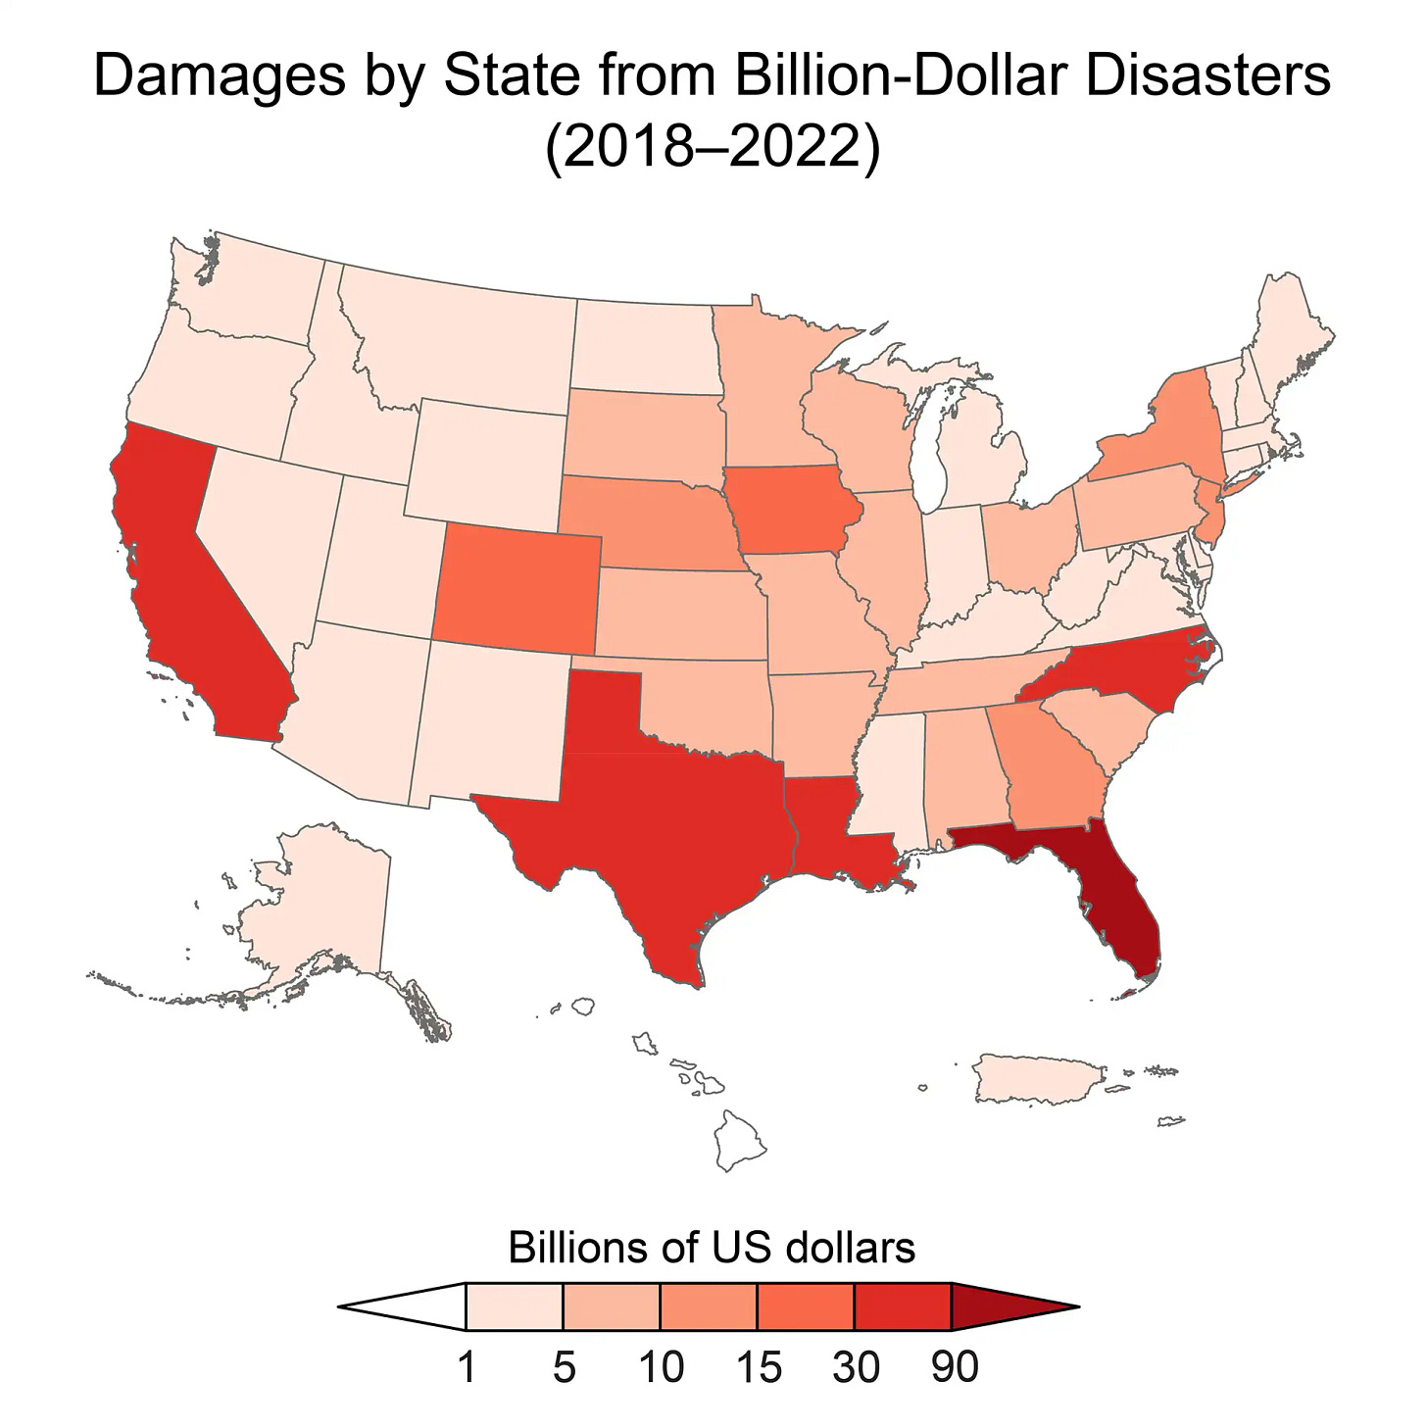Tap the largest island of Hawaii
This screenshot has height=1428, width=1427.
738,1142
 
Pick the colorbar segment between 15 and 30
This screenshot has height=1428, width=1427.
806,1306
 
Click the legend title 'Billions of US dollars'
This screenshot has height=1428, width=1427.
712,1248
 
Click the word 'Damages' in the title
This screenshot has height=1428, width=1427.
220,76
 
